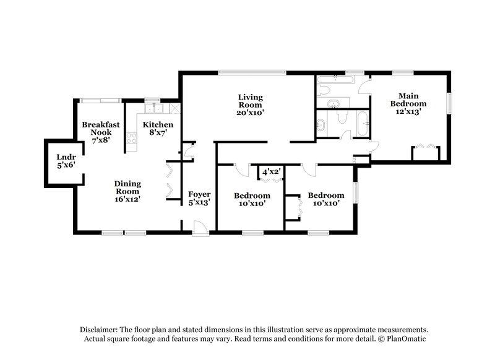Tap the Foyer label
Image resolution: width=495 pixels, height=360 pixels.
199,198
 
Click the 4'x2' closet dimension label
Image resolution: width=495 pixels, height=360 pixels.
272,171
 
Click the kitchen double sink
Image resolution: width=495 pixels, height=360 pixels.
153,109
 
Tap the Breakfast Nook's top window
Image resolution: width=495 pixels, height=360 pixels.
101,100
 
